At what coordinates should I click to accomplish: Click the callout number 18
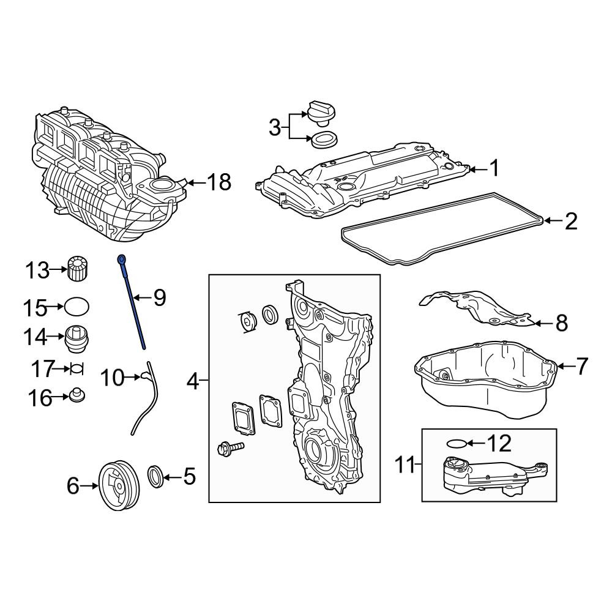218,182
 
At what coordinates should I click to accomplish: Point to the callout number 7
581,366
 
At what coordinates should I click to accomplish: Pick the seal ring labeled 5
155,476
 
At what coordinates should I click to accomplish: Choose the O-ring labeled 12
456,443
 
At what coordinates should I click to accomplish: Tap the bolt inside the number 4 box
230,448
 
